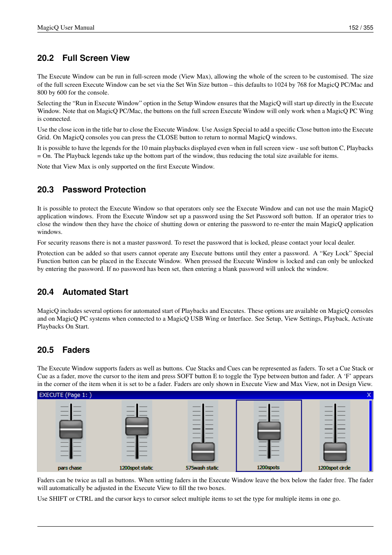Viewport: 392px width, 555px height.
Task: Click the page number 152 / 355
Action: click(x=360, y=28)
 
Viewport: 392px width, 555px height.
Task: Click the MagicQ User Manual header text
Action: click(x=66, y=28)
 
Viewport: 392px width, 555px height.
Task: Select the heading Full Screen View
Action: click(x=96, y=58)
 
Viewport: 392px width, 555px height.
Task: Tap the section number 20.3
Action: click(x=45, y=190)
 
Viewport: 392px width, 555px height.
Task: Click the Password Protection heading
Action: click(x=104, y=190)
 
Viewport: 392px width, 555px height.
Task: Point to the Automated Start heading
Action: click(x=95, y=292)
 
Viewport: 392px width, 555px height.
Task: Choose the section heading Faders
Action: click(x=76, y=350)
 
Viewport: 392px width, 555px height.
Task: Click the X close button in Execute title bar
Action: click(x=369, y=395)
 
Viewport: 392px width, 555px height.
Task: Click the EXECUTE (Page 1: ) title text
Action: click(x=65, y=395)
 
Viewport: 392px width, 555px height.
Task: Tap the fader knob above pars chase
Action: click(x=71, y=429)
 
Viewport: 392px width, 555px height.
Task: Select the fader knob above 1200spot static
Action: click(x=137, y=426)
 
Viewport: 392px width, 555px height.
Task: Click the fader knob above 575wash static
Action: click(x=203, y=451)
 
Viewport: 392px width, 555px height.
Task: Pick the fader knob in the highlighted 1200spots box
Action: click(x=269, y=430)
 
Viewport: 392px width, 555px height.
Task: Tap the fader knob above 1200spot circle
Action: click(x=335, y=451)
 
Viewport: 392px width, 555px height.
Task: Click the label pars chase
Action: click(x=70, y=468)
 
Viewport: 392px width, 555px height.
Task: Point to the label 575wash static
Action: click(x=202, y=468)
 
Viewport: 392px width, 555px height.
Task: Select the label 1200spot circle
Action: click(x=334, y=468)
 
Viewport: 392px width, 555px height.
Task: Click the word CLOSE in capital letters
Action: click(x=167, y=137)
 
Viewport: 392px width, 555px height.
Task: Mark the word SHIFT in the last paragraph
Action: click(x=58, y=499)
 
